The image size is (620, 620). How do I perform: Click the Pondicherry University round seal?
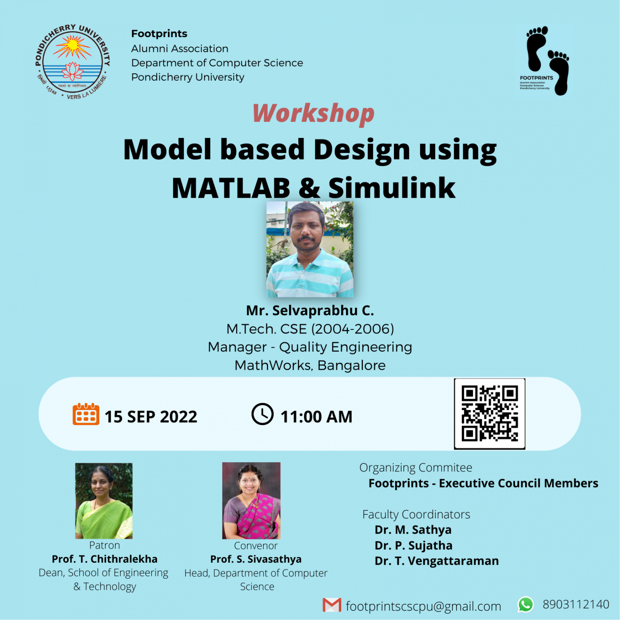point(72,62)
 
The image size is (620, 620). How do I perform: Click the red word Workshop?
point(313,113)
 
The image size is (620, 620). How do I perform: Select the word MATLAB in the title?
point(231,188)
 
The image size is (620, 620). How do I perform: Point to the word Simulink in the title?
point(392,188)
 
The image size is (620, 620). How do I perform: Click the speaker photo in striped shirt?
point(310,249)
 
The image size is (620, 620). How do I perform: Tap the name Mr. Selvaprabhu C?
point(310,310)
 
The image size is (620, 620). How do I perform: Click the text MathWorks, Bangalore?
point(310,365)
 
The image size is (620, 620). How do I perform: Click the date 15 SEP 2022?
point(151,417)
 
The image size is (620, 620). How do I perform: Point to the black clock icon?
point(262,414)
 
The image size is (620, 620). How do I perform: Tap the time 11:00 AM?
point(316,417)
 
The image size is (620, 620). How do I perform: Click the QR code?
point(489,414)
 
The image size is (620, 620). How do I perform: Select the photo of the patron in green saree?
point(104,501)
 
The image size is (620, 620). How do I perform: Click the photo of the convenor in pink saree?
point(251,501)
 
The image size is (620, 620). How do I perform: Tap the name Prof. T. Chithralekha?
point(105,559)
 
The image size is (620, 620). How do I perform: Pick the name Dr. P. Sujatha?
point(413,545)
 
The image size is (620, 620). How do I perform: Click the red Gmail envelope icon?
point(332,605)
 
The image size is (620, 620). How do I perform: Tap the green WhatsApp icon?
point(526,604)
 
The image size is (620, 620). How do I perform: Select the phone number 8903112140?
point(576,604)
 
